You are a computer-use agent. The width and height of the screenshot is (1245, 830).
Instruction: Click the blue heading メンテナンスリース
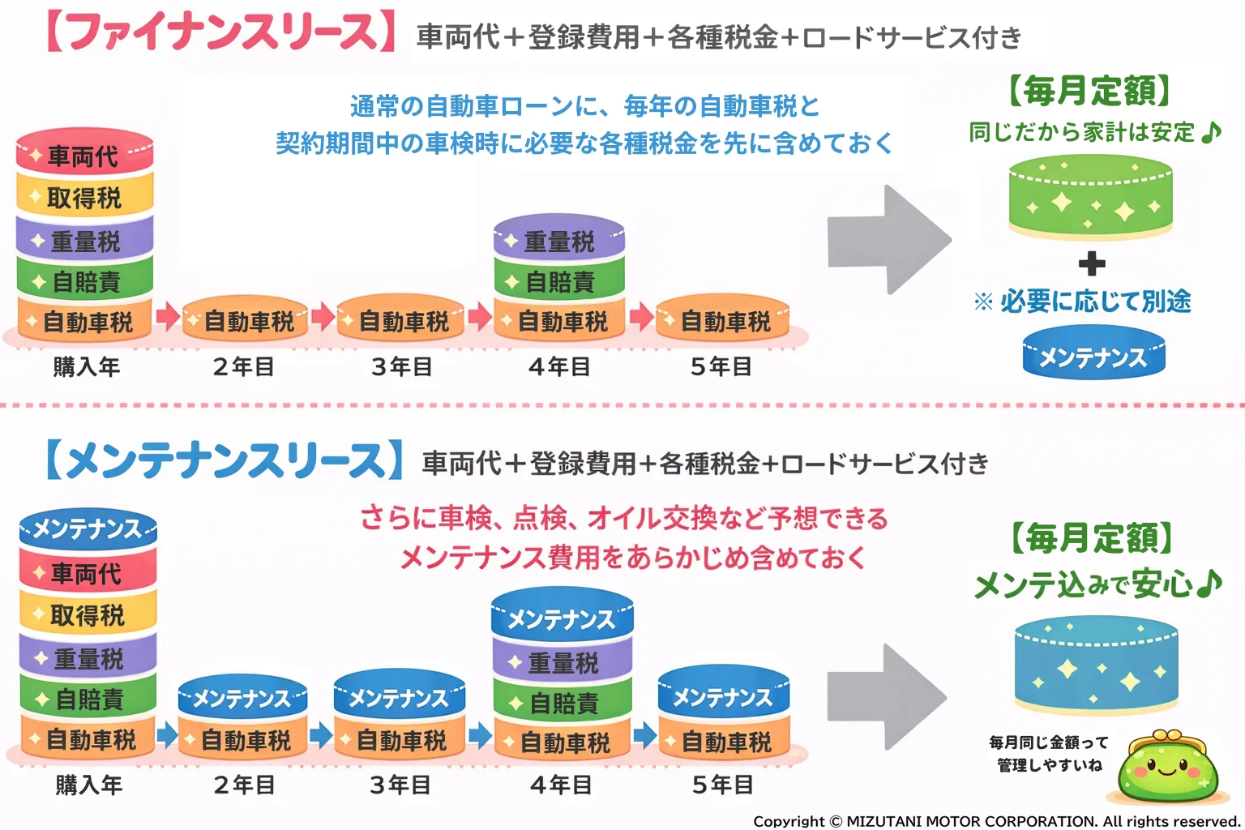(x=225, y=460)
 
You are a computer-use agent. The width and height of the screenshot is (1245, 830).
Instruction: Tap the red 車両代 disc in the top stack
(x=84, y=154)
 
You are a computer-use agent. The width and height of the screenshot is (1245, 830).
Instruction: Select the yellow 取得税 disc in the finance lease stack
(x=84, y=197)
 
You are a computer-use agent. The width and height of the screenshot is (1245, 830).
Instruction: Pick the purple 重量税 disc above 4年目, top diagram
(x=559, y=239)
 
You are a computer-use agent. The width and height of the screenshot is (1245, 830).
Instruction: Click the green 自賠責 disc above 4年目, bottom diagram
(x=563, y=702)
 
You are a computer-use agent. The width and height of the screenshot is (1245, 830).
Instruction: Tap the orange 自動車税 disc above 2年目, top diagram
(x=246, y=321)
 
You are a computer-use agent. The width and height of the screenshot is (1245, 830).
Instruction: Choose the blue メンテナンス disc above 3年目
(x=399, y=697)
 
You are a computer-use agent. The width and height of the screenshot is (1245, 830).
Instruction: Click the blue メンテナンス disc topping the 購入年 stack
(x=88, y=529)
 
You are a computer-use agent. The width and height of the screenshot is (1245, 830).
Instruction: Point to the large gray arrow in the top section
(x=888, y=240)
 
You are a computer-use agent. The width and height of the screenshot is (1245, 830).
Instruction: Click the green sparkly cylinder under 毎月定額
(x=1090, y=199)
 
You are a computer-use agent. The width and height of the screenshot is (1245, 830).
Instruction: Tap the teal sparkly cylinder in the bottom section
(x=1096, y=665)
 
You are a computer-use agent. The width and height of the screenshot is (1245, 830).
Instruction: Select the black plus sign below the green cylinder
(x=1092, y=263)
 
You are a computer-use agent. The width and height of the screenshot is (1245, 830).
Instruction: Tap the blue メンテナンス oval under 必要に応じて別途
(x=1093, y=355)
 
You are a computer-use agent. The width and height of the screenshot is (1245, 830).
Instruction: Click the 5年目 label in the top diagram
(x=721, y=367)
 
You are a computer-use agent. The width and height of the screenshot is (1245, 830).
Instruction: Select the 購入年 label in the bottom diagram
(x=88, y=785)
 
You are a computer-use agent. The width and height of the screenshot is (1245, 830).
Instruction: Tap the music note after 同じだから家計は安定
(x=1211, y=132)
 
